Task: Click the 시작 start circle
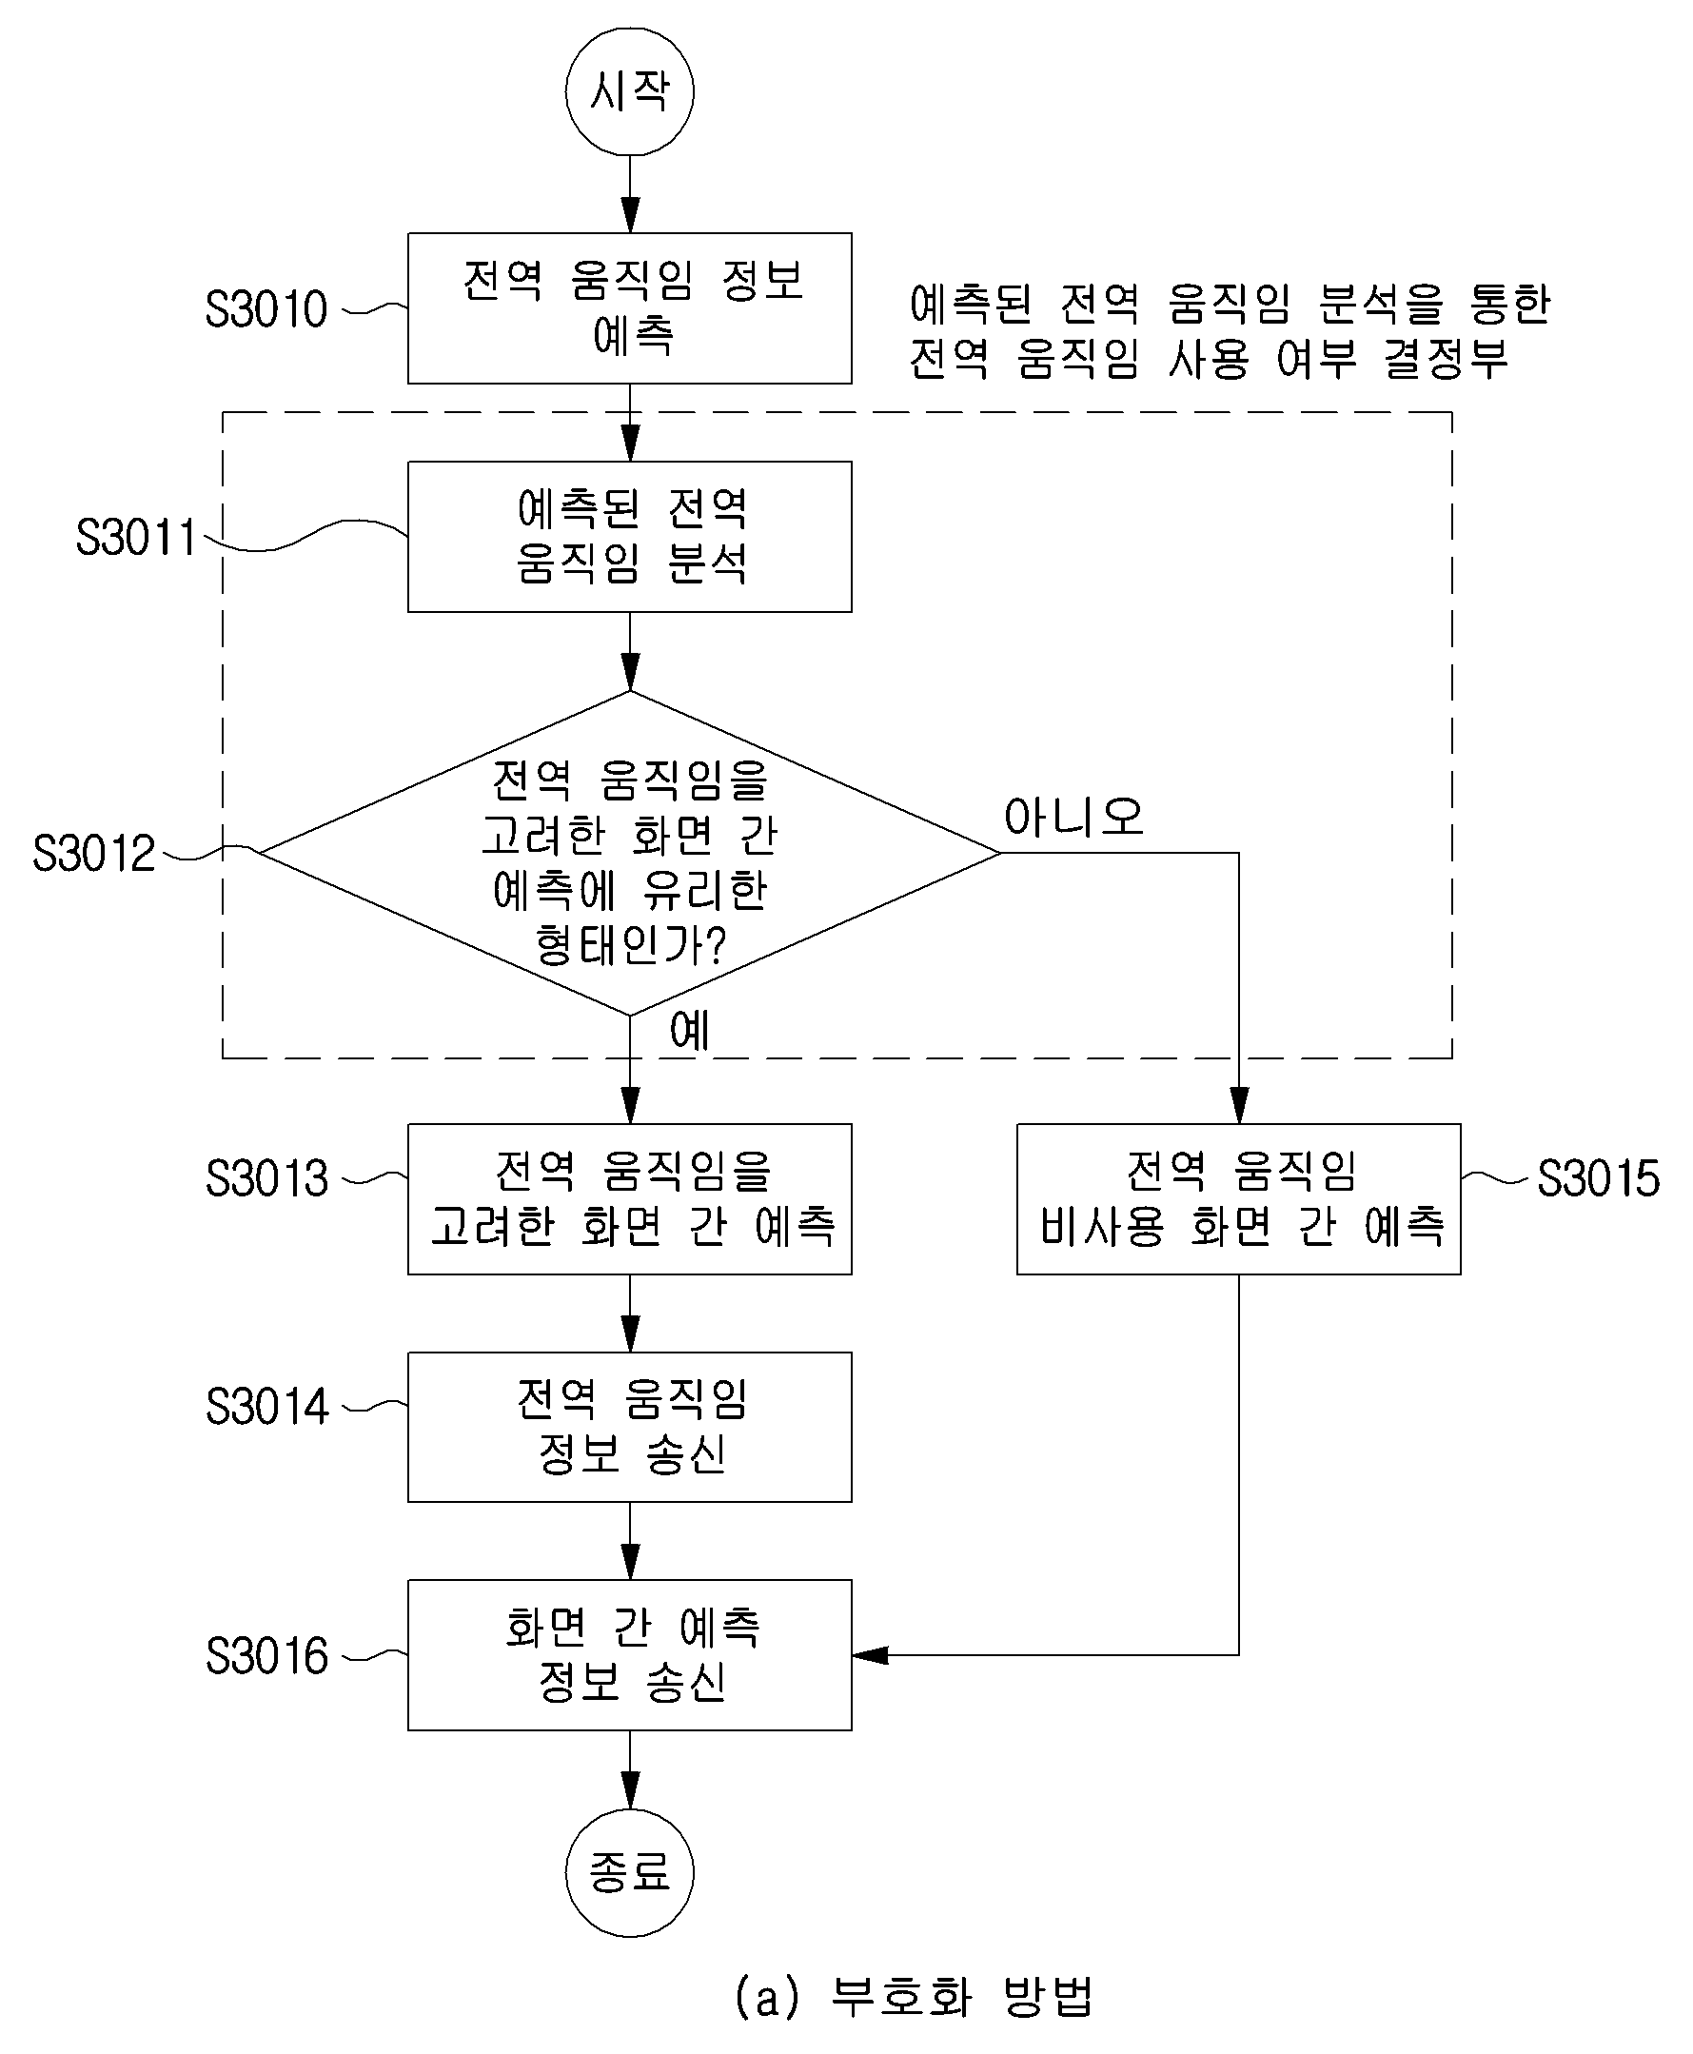pos(629,90)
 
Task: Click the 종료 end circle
pos(629,1872)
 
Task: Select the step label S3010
pos(266,309)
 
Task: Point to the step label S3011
pos(136,538)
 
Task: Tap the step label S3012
pos(93,854)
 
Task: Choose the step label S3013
pos(266,1178)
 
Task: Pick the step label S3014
pos(266,1407)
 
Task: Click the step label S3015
pos(1599,1178)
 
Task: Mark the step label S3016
pos(266,1655)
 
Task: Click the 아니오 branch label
pos(1073,817)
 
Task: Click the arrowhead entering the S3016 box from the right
pos(870,1655)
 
